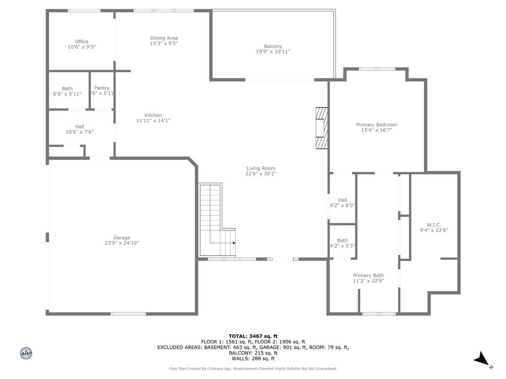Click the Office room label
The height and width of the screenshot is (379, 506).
[x=82, y=42]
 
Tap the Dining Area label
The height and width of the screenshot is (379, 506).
[x=164, y=38]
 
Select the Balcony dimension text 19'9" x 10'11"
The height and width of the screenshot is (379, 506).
[x=273, y=51]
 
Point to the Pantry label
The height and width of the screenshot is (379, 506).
[x=102, y=88]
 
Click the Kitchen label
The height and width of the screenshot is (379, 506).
[x=153, y=115]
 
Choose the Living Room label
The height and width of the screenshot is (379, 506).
[x=260, y=168]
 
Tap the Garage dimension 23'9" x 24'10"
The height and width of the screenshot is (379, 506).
[x=122, y=243]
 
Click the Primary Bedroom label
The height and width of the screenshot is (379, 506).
[x=377, y=125]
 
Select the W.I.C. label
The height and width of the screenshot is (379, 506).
[x=434, y=225]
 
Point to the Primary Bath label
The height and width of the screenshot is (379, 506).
[x=368, y=275]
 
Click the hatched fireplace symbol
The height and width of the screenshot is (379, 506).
[x=322, y=128]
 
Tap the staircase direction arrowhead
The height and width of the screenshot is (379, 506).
[x=234, y=243]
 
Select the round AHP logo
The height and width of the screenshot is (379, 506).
[x=26, y=353]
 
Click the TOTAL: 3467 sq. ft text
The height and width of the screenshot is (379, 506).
[x=253, y=336]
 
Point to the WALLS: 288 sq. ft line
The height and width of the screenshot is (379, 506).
[x=253, y=359]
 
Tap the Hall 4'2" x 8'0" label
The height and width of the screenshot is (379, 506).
[x=342, y=203]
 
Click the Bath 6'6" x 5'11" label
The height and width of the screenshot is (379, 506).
[x=67, y=91]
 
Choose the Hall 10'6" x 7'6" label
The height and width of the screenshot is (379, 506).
[x=80, y=129]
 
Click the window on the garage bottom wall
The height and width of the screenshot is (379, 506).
[x=128, y=313]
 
